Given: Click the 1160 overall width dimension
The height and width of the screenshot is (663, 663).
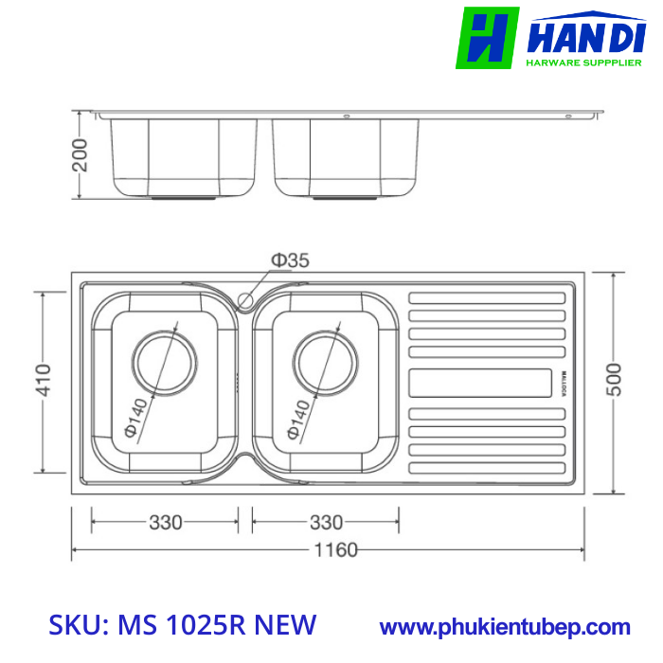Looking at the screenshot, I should click(x=331, y=549).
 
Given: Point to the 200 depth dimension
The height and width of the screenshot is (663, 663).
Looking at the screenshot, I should click(x=81, y=154).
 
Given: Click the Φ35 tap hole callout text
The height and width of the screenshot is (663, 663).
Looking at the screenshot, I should click(x=290, y=260).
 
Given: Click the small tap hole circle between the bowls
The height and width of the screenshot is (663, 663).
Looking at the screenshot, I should click(x=245, y=301).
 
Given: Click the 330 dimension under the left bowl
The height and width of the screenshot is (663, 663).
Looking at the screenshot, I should click(x=165, y=522).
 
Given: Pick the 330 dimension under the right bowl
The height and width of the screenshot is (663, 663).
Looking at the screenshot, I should click(x=326, y=522).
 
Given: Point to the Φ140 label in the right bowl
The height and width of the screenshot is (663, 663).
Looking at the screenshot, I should click(x=297, y=418).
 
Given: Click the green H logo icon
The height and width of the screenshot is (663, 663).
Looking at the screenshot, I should click(x=487, y=38).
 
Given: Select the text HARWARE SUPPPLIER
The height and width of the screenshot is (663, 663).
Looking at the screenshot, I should click(x=582, y=63).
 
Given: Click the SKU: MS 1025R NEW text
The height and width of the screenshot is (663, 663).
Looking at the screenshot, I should click(x=182, y=625).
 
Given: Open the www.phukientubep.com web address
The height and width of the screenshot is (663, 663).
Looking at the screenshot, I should click(x=505, y=626).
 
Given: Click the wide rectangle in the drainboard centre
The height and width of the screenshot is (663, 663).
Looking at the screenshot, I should click(x=480, y=383).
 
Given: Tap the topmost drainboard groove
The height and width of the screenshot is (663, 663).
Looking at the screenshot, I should click(x=487, y=297).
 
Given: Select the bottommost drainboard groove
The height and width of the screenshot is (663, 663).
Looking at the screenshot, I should click(x=487, y=468).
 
